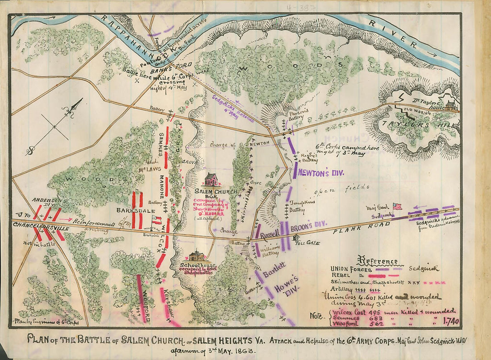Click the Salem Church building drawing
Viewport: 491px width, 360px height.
211,179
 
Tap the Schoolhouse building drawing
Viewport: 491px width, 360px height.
197,256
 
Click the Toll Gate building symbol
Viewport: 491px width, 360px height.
295,238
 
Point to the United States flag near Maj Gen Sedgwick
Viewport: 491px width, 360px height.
397,206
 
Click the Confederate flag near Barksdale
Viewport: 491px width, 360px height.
157,219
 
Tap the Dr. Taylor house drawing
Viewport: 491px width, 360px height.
450,105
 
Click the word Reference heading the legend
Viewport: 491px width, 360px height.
378,261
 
